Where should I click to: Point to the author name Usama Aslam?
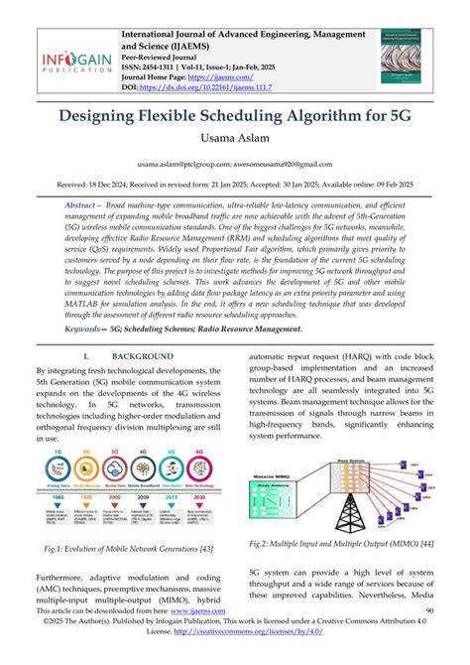(x=235, y=145)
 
